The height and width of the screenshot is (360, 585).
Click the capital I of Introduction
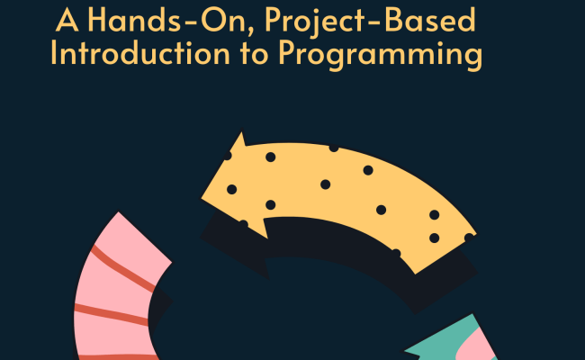(x=56, y=53)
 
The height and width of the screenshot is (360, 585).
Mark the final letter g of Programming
(x=472, y=58)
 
